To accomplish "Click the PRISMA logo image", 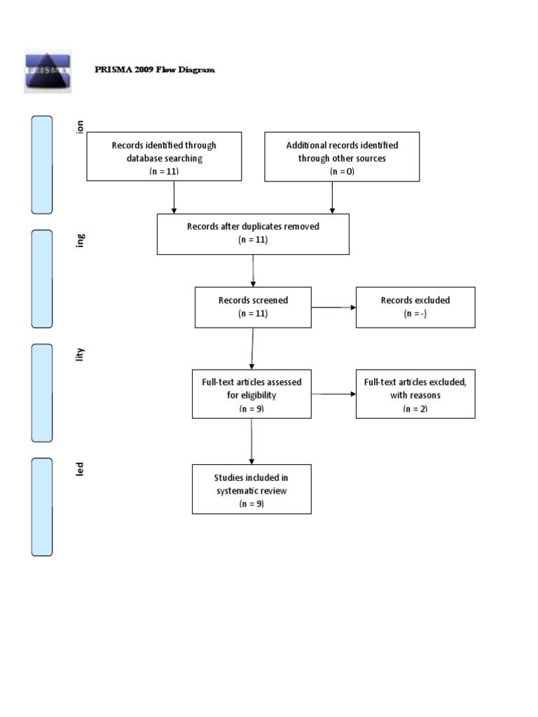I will [48, 70].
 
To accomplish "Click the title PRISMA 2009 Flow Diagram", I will [155, 70].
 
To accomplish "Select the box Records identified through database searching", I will [164, 157].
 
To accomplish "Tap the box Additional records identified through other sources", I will [341, 157].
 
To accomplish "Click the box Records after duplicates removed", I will [253, 233].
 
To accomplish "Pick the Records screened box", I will [253, 307].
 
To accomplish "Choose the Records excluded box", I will [415, 307].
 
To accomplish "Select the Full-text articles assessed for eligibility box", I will [251, 394].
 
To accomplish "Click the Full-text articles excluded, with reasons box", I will [415, 394].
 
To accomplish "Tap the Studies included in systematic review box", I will [251, 489].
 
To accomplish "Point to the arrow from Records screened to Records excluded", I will [333, 307].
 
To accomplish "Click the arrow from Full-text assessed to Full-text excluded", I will [333, 394].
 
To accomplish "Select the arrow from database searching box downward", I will [174, 197].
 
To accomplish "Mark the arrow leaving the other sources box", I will [332, 197].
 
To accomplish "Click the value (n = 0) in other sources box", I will [341, 171].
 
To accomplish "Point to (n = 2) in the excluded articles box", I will [415, 409].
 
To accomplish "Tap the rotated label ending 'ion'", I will [81, 126].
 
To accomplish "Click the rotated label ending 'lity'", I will [81, 354].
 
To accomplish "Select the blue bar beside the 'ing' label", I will [41, 278].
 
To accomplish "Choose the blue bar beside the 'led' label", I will [41, 507].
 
